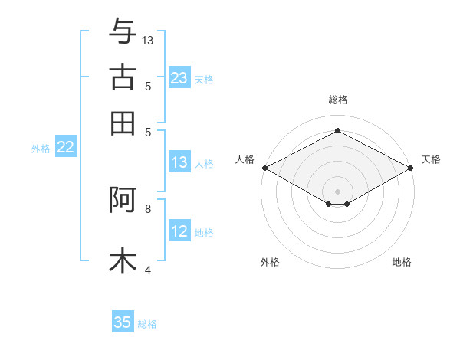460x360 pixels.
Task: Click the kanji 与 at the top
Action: point(123,33)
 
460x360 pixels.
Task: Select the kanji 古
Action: point(123,78)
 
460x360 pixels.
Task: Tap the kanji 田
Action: point(123,123)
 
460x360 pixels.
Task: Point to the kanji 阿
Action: point(123,201)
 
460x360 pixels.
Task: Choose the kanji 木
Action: point(123,260)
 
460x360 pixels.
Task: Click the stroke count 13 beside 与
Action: point(148,40)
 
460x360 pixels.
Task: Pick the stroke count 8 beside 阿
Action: point(148,208)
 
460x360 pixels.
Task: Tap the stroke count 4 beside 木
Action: point(148,269)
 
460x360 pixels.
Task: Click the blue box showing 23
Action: point(179,78)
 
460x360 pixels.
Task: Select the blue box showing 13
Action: point(179,162)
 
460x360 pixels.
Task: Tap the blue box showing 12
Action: point(179,232)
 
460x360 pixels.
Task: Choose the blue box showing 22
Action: point(65,148)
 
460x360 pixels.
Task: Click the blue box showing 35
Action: point(123,322)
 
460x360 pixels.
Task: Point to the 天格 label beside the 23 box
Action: point(204,79)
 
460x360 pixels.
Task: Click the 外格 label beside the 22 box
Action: point(41,149)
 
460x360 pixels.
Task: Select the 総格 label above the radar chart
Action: point(337,100)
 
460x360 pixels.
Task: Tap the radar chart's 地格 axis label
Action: point(402,263)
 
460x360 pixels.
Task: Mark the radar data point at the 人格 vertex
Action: point(264,168)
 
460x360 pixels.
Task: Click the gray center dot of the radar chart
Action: point(337,191)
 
